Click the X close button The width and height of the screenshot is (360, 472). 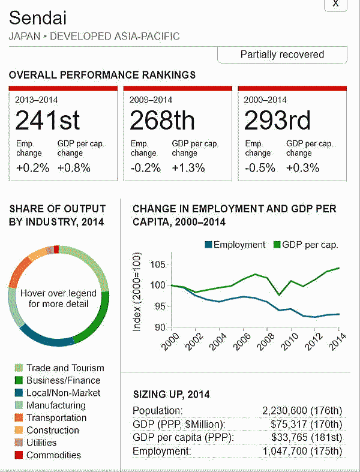[x=335, y=4]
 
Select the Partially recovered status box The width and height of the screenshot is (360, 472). [x=282, y=55]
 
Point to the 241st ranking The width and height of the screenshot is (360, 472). [x=47, y=121]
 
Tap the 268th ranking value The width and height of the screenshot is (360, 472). [x=162, y=121]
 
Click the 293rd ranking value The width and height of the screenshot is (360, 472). [x=277, y=121]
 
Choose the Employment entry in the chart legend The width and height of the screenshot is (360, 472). [x=235, y=245]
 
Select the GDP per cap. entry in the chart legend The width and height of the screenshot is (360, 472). [x=306, y=245]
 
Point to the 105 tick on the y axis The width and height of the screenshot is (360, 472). [x=158, y=265]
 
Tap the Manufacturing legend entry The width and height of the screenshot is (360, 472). [x=56, y=405]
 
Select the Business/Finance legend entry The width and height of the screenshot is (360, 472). [x=63, y=380]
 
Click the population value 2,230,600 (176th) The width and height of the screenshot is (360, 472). [x=302, y=411]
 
